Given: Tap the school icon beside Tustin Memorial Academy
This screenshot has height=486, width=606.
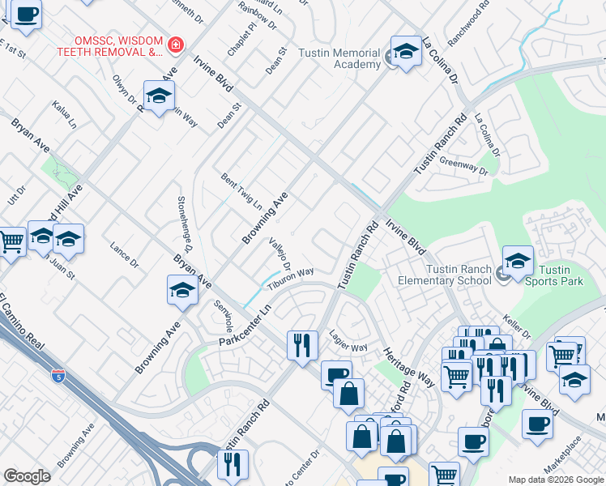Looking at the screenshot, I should click(x=406, y=51).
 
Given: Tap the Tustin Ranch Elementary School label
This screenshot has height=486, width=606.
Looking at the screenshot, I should click(x=444, y=275).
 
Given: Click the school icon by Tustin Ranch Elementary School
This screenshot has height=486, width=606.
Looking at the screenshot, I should click(x=518, y=262).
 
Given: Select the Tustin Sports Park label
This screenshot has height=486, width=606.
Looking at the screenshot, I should click(x=561, y=275).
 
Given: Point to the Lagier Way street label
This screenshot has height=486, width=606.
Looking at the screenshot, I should click(x=348, y=341).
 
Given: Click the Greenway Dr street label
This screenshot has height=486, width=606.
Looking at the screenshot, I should click(x=463, y=167).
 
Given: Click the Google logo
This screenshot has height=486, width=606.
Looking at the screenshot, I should click(x=27, y=476).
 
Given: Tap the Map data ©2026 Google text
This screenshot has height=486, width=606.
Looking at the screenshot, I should click(x=554, y=480).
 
